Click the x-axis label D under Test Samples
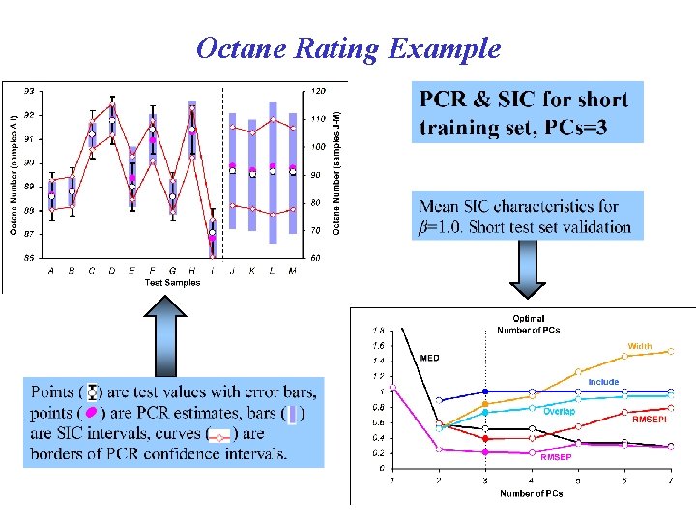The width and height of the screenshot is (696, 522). [x=112, y=271]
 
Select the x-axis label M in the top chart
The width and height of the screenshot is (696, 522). [x=294, y=271]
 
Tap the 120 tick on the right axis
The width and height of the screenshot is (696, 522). [x=315, y=91]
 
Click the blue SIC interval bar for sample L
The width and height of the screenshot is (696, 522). [x=274, y=170]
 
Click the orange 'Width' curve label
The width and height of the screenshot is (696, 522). [x=640, y=346]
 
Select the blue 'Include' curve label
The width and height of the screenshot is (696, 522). [x=603, y=382]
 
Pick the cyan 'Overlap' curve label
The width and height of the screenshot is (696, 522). [x=559, y=412]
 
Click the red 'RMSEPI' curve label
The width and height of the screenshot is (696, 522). [x=649, y=420]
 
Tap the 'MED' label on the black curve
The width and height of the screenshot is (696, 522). [x=429, y=358]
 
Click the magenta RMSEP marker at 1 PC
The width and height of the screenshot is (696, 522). [x=392, y=390]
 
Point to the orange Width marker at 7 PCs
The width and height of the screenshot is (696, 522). [x=670, y=351]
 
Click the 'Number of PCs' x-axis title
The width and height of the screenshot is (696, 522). [x=530, y=494]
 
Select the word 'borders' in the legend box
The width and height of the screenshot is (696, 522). [x=62, y=452]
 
